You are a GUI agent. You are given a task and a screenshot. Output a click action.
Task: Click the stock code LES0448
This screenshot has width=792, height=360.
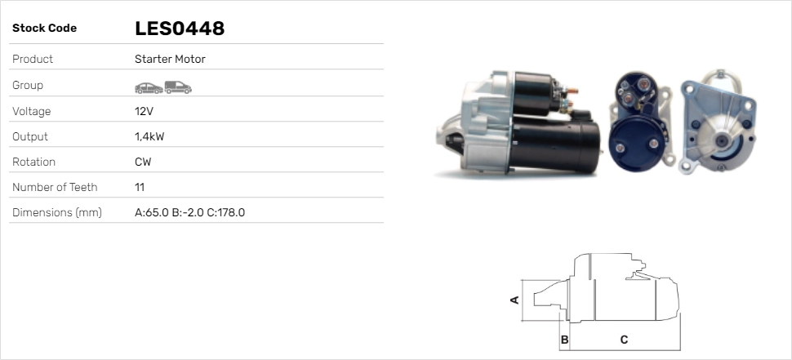pos(180,29)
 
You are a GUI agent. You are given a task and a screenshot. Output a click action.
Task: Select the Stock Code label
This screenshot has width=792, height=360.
pos(44,29)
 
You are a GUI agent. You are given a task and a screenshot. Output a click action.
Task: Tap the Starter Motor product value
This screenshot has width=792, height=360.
pos(170,59)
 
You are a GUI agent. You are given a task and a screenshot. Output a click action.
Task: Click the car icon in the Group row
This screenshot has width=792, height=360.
pos(149,88)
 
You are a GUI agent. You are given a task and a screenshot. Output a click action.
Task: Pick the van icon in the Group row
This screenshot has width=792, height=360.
pos(178,87)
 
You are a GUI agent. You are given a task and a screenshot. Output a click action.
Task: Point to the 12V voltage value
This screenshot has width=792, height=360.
pos(144,111)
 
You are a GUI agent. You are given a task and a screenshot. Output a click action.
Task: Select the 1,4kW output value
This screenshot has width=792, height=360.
pos(149,137)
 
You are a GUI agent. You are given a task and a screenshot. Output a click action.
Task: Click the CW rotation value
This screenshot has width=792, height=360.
pos(143,162)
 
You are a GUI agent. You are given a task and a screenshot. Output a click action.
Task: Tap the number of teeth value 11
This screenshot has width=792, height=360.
pos(140,187)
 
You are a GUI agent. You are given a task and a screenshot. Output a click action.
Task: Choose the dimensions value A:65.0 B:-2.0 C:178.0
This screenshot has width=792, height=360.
pos(190,212)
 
